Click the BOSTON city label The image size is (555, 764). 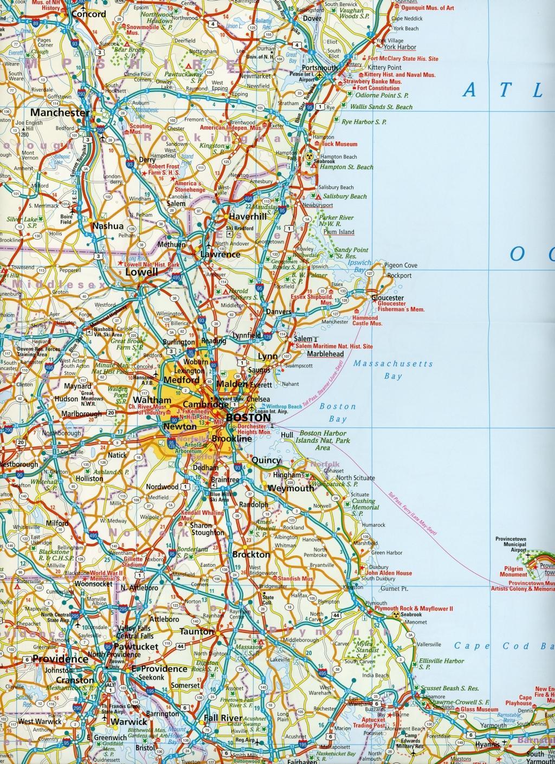pos(248,418)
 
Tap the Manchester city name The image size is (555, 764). pos(60,113)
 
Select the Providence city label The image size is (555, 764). pos(60,659)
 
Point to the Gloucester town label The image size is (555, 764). pos(388,298)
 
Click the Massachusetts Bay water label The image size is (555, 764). pos(393,370)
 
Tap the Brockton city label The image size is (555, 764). pos(250,554)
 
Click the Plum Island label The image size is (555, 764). pos(338,232)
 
